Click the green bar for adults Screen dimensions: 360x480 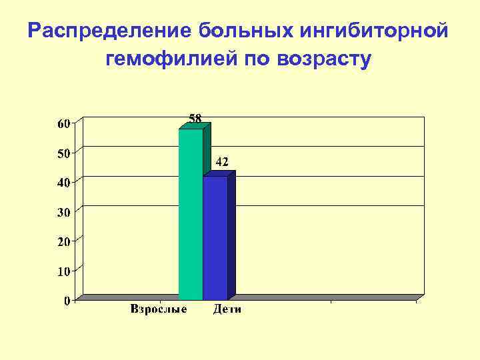click(190, 213)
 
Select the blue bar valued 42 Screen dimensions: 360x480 click(215, 237)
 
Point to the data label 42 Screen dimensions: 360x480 click(222, 162)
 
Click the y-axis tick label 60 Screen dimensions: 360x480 click(62, 123)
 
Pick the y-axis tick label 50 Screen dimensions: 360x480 click(62, 153)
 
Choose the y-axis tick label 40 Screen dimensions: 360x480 click(62, 182)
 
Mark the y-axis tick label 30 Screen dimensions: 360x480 click(62, 212)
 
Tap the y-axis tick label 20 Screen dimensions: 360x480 click(62, 241)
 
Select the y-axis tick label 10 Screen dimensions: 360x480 click(62, 271)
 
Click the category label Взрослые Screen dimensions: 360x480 click(159, 309)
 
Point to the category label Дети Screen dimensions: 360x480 click(227, 309)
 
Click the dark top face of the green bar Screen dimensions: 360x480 click(195, 125)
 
